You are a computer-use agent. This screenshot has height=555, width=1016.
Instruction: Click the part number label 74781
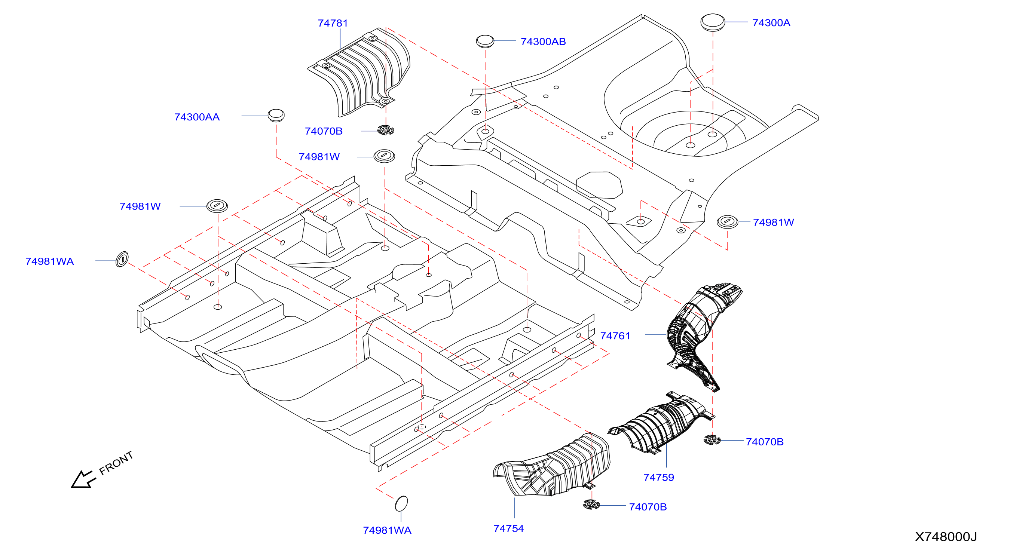point(333,23)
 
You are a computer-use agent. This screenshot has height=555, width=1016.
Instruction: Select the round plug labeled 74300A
point(712,22)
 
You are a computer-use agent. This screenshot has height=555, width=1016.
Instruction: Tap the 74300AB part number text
point(543,42)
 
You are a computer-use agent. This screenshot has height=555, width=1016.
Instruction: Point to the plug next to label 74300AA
point(276,115)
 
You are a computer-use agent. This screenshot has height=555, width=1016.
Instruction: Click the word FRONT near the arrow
point(116,463)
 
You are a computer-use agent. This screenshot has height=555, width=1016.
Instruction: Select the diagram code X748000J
point(946,536)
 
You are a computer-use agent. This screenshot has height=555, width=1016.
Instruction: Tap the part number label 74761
point(615,336)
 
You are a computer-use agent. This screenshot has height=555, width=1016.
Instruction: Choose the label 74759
point(658,477)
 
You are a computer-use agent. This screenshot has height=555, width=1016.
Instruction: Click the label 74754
point(508,528)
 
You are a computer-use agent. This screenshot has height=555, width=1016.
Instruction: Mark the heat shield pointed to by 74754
point(552,465)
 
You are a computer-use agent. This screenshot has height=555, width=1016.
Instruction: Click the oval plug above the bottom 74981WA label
point(401,503)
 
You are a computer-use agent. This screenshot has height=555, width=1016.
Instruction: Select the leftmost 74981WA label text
point(49,261)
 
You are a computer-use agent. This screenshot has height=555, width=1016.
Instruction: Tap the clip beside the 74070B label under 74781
point(386,130)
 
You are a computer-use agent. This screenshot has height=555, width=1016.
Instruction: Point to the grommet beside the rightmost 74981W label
point(727,222)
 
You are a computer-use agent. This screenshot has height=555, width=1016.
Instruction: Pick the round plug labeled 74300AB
point(485,41)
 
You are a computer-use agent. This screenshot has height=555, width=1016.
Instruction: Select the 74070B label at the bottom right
point(764,442)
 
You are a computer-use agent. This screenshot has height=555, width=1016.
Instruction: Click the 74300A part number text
point(771,23)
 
